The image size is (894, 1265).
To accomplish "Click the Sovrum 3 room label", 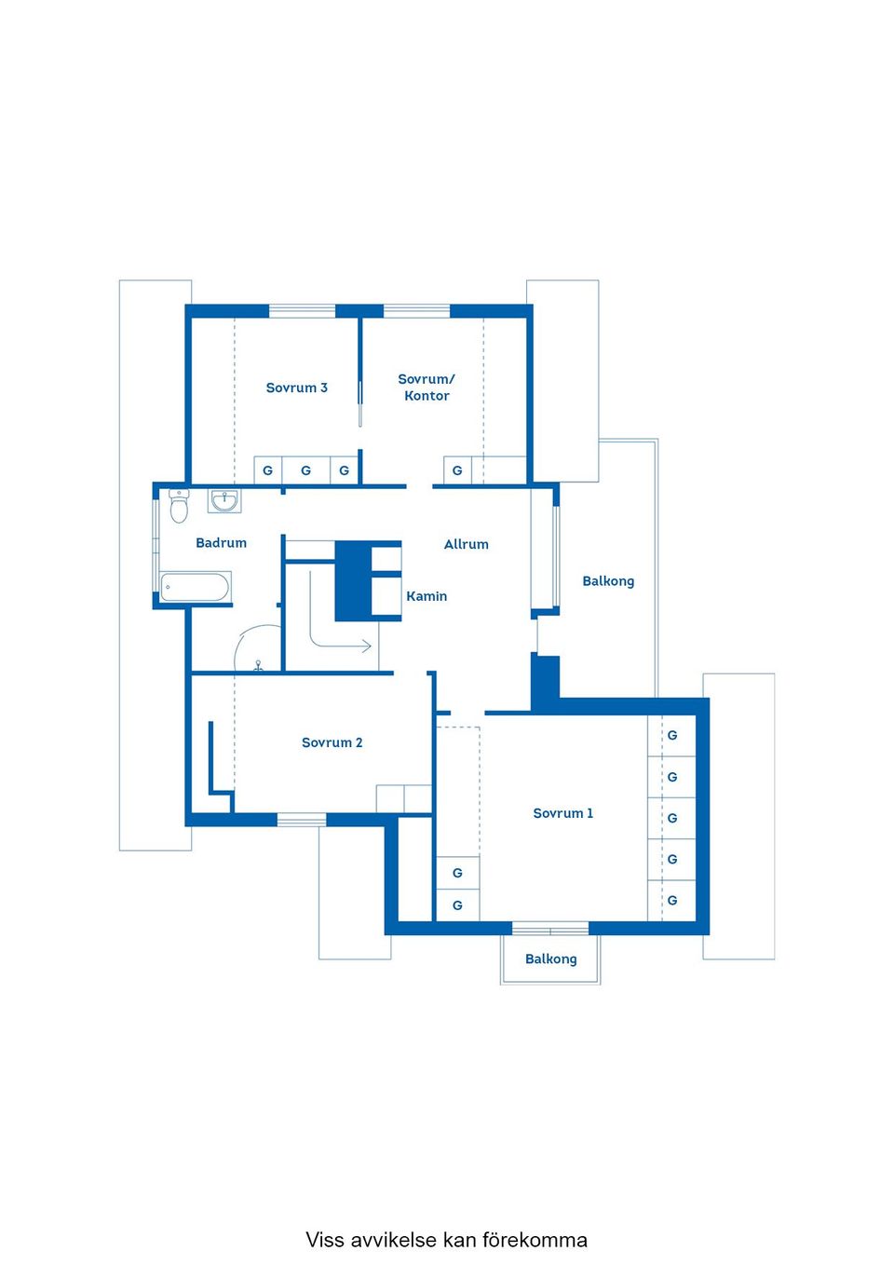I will pyautogui.click(x=296, y=388).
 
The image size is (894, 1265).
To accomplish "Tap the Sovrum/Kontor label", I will pyautogui.click(x=427, y=388).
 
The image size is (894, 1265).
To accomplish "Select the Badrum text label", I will pyautogui.click(x=221, y=542).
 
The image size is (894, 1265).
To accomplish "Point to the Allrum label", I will pyautogui.click(x=466, y=544).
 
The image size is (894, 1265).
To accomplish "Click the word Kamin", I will pyautogui.click(x=427, y=596).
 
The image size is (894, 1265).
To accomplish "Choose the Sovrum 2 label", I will pyautogui.click(x=332, y=742).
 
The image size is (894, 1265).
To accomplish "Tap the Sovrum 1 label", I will pyautogui.click(x=562, y=813).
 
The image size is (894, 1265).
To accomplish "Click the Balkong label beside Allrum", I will pyautogui.click(x=608, y=581).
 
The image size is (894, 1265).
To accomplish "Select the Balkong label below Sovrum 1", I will pyautogui.click(x=550, y=959).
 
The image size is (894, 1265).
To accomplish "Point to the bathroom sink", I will pyautogui.click(x=223, y=501).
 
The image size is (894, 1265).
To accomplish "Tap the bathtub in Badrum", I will pyautogui.click(x=195, y=588).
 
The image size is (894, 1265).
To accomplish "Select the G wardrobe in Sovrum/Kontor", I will pyautogui.click(x=457, y=470).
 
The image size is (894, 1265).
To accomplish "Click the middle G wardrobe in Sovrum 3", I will pyautogui.click(x=305, y=470).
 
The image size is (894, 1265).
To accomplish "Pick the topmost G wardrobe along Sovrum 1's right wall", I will pyautogui.click(x=672, y=735).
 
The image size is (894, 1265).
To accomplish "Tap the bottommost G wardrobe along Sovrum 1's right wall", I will pyautogui.click(x=672, y=900).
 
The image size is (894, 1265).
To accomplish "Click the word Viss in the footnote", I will pyautogui.click(x=325, y=1240).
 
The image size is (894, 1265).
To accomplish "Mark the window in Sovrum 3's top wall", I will pyautogui.click(x=302, y=310).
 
